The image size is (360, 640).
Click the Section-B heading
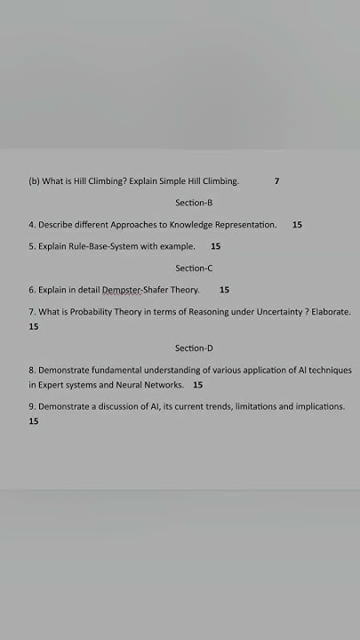point(194,203)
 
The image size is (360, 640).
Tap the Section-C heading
point(194,268)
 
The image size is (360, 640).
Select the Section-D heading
point(194,348)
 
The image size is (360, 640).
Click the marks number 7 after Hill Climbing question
point(276,181)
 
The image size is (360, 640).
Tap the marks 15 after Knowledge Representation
point(297,225)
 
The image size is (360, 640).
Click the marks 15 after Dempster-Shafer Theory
point(224,290)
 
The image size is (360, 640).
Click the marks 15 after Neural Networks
point(197,385)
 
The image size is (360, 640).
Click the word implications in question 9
point(320,406)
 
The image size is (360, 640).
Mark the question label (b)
point(34,181)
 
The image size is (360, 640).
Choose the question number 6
point(31,290)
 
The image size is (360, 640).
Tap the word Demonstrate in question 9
point(67,406)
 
